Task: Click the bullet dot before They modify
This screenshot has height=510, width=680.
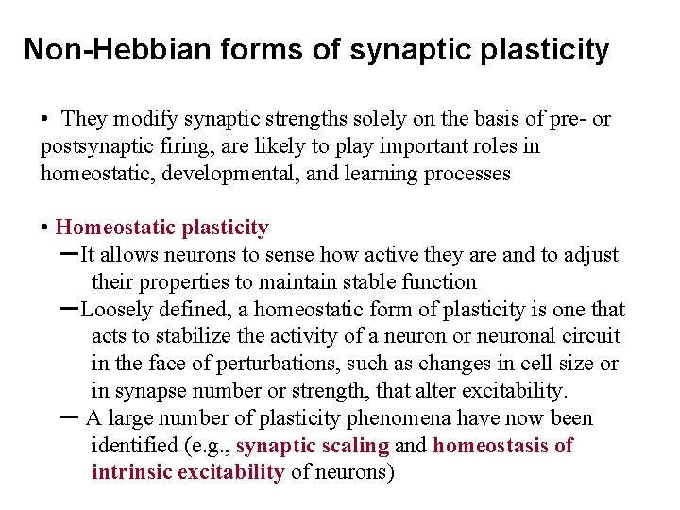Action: click(x=45, y=120)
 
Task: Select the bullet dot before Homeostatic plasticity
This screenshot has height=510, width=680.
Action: click(x=45, y=229)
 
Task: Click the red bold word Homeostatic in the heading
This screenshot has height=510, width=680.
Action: click(x=114, y=228)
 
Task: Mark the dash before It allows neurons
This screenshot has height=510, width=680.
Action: click(x=68, y=254)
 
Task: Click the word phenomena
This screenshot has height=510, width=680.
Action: click(x=407, y=418)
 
